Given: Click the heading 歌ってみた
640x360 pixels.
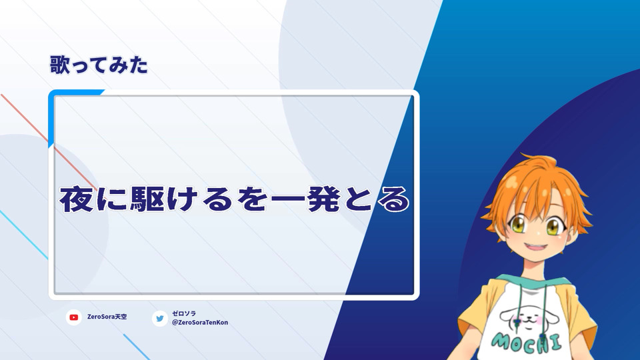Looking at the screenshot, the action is tap(99, 65).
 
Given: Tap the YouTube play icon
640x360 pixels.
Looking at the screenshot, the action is tap(74, 317).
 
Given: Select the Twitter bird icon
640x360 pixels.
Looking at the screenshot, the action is tap(159, 319).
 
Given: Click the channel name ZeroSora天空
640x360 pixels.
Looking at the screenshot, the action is tap(107, 317).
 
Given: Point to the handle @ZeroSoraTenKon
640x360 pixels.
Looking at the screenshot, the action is tap(200, 323).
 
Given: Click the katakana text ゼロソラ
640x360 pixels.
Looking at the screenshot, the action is tap(184, 313).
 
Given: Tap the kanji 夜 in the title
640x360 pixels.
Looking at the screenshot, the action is tap(76, 199).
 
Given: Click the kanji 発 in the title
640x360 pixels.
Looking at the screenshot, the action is tap(324, 199).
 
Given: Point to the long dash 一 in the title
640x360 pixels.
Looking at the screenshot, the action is tap(288, 199).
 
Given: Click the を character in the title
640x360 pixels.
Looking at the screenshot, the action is tap(253, 199).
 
